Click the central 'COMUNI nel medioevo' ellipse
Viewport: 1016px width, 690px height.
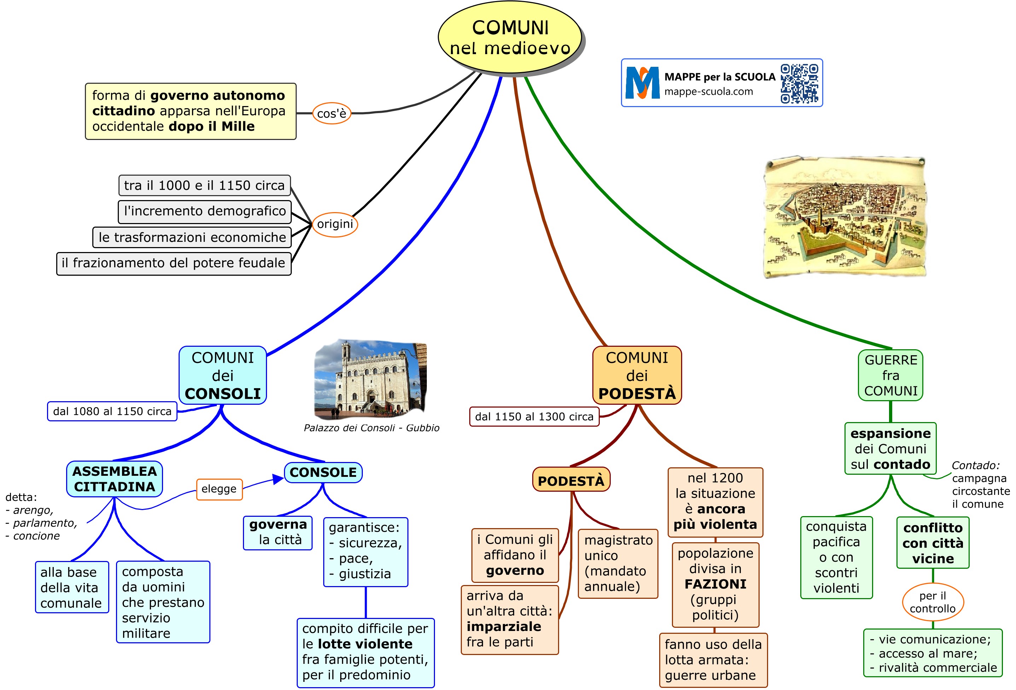point(510,37)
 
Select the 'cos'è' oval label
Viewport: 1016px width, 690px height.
point(331,113)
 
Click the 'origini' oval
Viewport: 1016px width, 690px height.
point(335,224)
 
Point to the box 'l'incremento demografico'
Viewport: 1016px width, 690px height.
point(205,211)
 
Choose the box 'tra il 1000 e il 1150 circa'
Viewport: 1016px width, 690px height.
point(205,185)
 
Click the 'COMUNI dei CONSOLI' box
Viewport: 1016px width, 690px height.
point(222,375)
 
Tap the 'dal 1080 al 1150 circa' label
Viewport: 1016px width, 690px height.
point(112,411)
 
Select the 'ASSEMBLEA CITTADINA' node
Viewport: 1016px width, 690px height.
point(115,479)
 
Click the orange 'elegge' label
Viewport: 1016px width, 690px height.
point(219,489)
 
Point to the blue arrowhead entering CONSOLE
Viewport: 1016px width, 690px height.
point(278,479)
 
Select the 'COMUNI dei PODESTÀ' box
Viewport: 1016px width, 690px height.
point(637,375)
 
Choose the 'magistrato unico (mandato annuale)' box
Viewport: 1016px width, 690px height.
point(618,563)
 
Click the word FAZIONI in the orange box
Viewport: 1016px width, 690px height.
point(715,584)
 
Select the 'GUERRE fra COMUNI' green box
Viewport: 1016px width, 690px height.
point(890,375)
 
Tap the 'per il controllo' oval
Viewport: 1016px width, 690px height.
point(933,602)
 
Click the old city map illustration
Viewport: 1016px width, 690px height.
point(844,217)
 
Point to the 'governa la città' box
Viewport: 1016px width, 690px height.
point(278,532)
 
